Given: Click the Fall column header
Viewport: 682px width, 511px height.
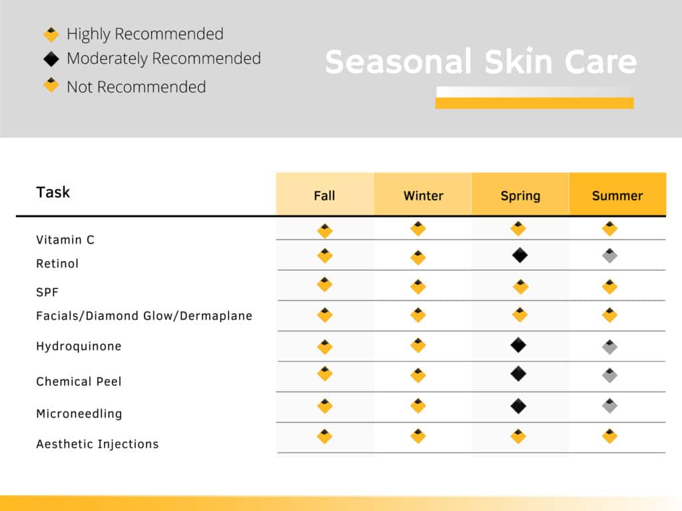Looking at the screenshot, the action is pyautogui.click(x=324, y=196).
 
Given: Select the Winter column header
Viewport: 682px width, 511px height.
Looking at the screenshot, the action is pyautogui.click(x=423, y=196).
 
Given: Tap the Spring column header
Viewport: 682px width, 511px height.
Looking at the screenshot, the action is pyautogui.click(x=520, y=196).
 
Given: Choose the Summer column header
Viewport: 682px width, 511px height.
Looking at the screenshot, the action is pyautogui.click(x=617, y=196).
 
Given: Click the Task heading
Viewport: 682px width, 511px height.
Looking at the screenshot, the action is pyautogui.click(x=53, y=192).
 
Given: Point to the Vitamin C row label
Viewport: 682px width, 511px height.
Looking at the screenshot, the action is pyautogui.click(x=65, y=240).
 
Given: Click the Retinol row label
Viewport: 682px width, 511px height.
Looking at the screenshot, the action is pyautogui.click(x=57, y=263).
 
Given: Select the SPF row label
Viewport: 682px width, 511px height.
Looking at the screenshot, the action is pyautogui.click(x=47, y=292).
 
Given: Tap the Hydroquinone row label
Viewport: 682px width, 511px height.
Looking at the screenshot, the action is pyautogui.click(x=79, y=346).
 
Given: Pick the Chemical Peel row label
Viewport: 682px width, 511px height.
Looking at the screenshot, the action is pyautogui.click(x=79, y=381).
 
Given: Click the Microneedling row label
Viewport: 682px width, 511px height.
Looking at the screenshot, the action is pyautogui.click(x=79, y=414).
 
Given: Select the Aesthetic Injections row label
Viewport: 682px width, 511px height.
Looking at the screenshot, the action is pyautogui.click(x=97, y=444).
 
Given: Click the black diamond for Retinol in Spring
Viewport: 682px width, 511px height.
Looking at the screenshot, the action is pyautogui.click(x=519, y=255).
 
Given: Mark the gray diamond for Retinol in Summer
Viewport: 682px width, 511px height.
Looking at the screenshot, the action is pyautogui.click(x=610, y=255).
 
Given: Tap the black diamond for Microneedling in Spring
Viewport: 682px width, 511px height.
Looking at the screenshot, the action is pyautogui.click(x=518, y=406).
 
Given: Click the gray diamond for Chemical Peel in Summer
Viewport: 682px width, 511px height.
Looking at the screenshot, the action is pyautogui.click(x=610, y=375).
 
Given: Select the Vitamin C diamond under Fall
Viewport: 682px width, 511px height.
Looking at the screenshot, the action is pyautogui.click(x=325, y=231).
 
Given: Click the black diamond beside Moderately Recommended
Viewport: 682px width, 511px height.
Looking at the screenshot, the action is pyautogui.click(x=51, y=59).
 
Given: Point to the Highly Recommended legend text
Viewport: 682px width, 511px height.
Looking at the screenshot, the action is pyautogui.click(x=145, y=34).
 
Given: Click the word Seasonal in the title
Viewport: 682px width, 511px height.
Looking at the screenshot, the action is pyautogui.click(x=398, y=61).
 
